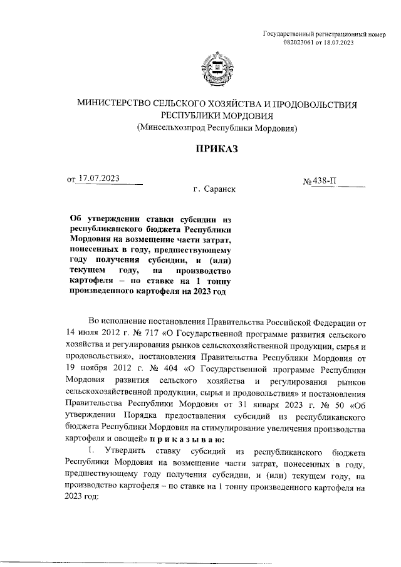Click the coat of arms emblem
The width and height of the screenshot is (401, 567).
[216, 70]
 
